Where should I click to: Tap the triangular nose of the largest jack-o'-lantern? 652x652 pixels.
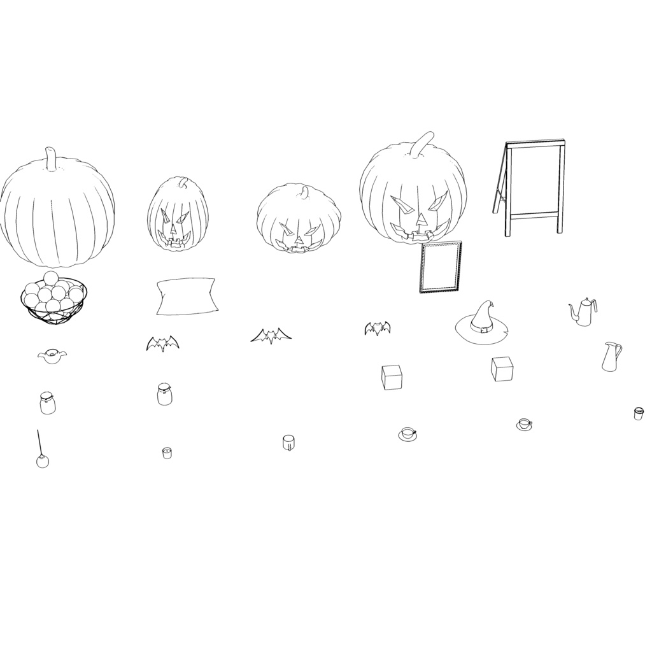[421, 220]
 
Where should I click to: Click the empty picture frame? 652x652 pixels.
[441, 267]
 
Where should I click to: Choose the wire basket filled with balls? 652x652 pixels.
[53, 299]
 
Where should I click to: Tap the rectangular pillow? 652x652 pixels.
[187, 296]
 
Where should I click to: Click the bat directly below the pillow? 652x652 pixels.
[162, 344]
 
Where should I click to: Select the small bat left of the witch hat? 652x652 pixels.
[377, 328]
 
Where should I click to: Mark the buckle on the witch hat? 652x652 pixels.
[485, 329]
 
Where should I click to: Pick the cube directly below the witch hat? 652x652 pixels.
[502, 369]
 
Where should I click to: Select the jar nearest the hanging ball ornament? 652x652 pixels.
[47, 403]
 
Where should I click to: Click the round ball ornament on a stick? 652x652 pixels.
[42, 461]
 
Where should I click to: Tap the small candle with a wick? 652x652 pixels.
[167, 453]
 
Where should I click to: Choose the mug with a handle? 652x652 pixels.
[288, 442]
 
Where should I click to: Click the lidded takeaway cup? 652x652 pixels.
[638, 413]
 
